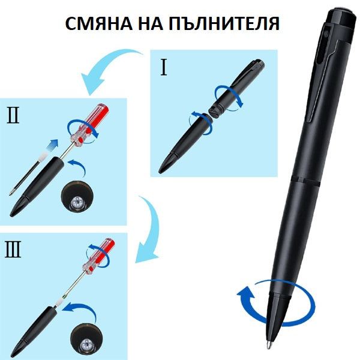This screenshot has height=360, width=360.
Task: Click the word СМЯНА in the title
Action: [x=99, y=24]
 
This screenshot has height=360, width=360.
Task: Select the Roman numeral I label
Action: [x=163, y=68]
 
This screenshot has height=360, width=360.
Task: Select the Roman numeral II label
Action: [x=13, y=116]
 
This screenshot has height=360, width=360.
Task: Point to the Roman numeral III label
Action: [x=13, y=250]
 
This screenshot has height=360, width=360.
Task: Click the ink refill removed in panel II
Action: [x=28, y=174]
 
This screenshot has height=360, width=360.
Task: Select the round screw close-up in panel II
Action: [x=77, y=197]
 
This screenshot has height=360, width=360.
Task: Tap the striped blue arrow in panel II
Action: [x=52, y=145]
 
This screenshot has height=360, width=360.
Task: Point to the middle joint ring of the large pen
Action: [x=305, y=180]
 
